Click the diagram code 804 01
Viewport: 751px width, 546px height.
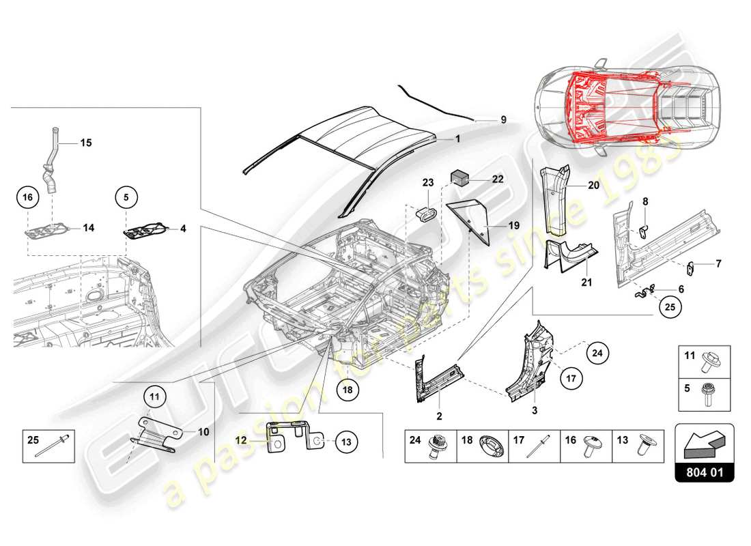pos(704,472)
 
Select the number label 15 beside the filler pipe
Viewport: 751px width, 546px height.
pos(86,143)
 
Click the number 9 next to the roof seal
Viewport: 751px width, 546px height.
pos(503,119)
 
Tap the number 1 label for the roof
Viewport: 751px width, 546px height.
pos(458,138)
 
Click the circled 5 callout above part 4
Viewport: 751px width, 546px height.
pos(126,197)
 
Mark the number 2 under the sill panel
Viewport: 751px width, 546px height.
pos(440,416)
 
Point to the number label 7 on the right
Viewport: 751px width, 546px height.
pos(718,263)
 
